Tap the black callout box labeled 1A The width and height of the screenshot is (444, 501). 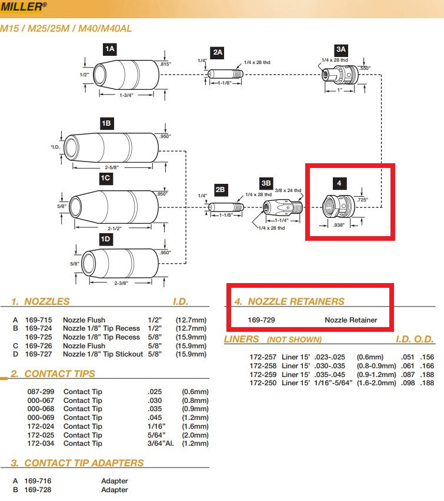click(110, 49)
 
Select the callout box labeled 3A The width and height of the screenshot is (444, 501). click(341, 49)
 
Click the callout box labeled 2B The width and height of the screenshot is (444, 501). click(220, 190)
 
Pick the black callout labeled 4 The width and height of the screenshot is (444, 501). click(339, 183)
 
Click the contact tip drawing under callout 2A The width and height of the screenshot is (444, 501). click(225, 74)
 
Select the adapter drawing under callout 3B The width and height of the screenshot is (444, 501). click(282, 207)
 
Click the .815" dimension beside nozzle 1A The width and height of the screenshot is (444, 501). click(165, 63)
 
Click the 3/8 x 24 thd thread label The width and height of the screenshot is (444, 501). click(289, 190)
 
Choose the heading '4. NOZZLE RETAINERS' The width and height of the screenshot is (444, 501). click(289, 301)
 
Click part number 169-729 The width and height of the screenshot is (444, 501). click(262, 320)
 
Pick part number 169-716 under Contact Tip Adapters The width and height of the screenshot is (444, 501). click(40, 480)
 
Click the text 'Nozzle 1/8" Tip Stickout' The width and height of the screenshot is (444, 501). click(102, 354)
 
